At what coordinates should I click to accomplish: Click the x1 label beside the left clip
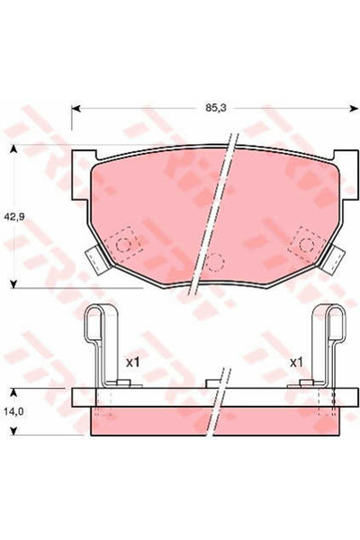pos(132,362)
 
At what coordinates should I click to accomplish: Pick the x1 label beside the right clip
pos(295,362)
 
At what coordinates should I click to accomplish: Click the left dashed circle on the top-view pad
pos(126,243)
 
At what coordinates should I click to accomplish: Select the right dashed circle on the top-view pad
pos(306,243)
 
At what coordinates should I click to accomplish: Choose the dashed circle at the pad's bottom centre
pos(214,263)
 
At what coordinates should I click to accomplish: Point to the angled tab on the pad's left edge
pos(94,259)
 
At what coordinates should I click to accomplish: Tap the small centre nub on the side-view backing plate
pos(213,384)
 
